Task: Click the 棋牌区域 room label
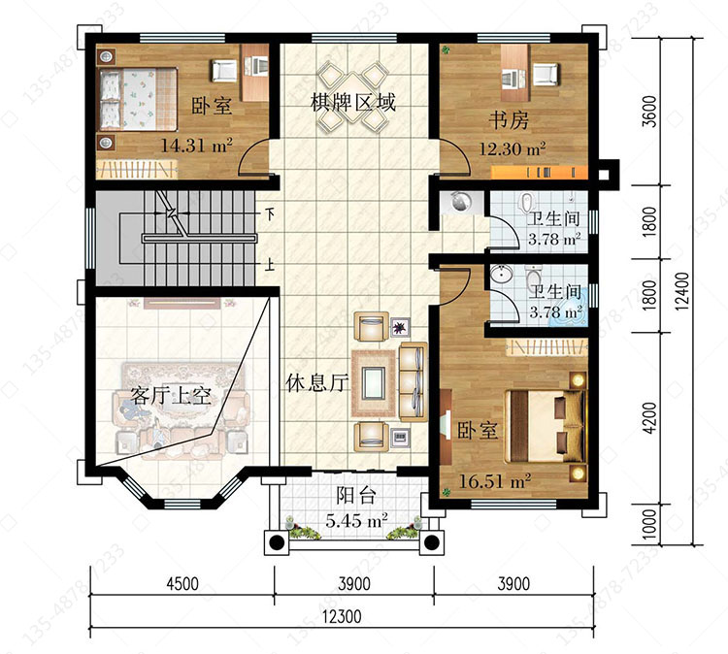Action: point(353,102)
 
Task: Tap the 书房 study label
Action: point(509,120)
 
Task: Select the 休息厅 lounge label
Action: point(317,383)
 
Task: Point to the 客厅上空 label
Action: point(171,396)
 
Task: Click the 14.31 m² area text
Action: point(196,146)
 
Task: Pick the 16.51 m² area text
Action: point(495,481)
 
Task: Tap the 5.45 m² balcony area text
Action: point(356,520)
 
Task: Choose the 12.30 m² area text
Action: point(513,149)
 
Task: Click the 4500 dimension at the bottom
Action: point(182,583)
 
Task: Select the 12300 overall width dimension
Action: point(342,617)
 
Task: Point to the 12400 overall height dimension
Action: point(682,291)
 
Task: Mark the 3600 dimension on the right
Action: point(651,111)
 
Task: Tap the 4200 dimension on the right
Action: point(651,418)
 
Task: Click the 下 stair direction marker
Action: point(269,214)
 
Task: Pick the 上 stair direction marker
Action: point(269,265)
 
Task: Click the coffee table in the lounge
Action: point(374,383)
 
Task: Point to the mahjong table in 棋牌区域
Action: point(353,95)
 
